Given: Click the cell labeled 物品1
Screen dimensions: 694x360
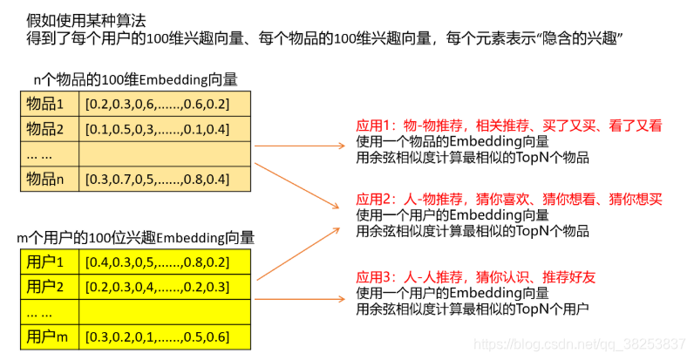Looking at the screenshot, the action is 46,105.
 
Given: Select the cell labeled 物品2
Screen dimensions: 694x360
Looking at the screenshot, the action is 46,130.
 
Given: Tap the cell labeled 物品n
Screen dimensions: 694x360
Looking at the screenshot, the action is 46,180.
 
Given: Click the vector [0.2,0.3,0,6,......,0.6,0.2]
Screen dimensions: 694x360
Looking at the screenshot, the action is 157,105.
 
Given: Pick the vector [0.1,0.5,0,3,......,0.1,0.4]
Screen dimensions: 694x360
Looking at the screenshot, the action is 157,130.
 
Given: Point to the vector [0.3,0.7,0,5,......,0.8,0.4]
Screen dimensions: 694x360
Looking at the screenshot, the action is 157,180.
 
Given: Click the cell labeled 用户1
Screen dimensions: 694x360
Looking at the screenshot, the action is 46,262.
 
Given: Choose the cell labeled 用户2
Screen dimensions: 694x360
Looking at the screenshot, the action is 46,287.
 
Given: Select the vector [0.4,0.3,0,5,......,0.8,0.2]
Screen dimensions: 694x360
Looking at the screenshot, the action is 157,262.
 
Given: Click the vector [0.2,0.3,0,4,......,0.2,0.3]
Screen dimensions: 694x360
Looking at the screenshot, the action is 157,287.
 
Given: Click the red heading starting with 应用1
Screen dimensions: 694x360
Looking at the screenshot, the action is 508,126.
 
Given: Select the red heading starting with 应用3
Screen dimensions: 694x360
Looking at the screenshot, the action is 476,277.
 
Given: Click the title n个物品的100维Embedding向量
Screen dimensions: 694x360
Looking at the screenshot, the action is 135,80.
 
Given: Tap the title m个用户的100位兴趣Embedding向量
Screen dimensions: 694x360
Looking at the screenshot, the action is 136,237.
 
